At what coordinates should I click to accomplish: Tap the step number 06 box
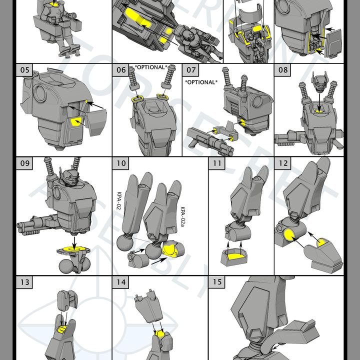click(x=121, y=70)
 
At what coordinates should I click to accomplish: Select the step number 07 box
click(x=191, y=70)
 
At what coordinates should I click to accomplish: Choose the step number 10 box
click(x=121, y=163)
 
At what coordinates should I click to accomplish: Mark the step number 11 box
click(x=216, y=163)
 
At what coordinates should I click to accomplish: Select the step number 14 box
click(x=121, y=282)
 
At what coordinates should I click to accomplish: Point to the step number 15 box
click(x=216, y=282)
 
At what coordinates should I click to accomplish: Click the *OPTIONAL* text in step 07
click(x=201, y=81)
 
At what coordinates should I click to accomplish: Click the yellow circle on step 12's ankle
click(x=289, y=234)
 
